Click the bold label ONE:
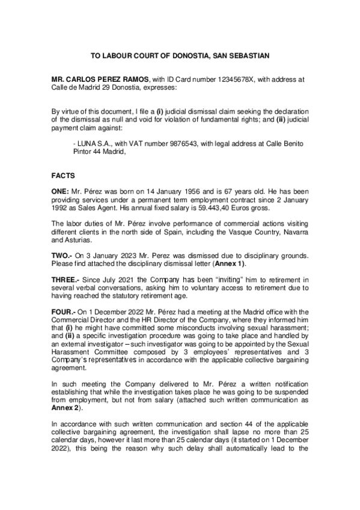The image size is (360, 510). (61, 190)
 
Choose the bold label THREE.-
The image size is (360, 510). (67, 279)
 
